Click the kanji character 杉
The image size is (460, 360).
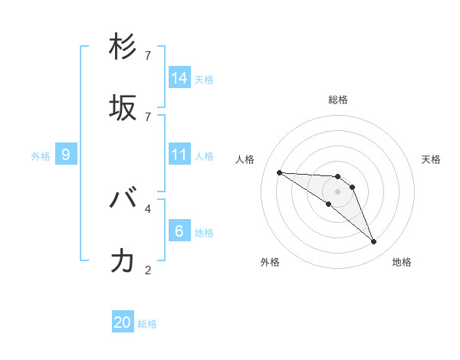(123, 47)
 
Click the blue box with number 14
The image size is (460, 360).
(179, 77)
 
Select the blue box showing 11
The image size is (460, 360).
(179, 155)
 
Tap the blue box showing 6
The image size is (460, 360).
(179, 231)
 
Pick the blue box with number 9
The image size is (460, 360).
(66, 155)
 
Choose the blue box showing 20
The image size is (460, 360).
(123, 322)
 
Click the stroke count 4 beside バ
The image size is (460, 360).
(148, 208)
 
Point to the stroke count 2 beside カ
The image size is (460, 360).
(148, 270)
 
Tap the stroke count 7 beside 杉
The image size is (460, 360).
(148, 56)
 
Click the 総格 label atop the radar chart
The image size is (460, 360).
(338, 100)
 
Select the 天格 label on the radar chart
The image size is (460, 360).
(431, 159)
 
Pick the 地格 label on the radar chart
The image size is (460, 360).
(402, 262)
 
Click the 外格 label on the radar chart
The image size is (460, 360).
(270, 262)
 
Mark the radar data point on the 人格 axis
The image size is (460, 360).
(279, 172)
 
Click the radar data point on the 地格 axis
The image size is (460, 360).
(373, 242)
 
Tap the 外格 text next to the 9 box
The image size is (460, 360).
(41, 155)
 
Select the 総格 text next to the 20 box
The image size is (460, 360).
(147, 323)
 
